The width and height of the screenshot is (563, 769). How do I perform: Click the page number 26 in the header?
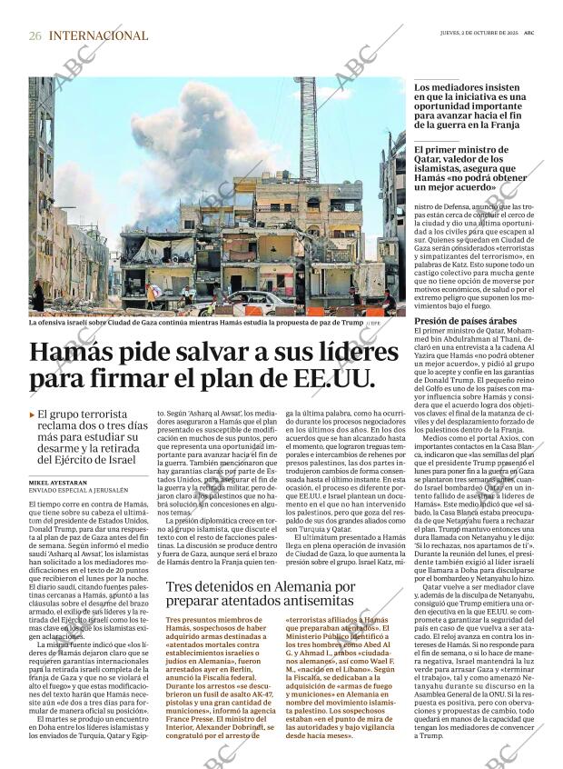35,35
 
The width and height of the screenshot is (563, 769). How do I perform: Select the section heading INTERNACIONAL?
98,35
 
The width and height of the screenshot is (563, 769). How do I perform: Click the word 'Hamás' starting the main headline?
78,354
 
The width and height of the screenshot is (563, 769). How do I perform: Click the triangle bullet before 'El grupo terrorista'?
32,414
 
